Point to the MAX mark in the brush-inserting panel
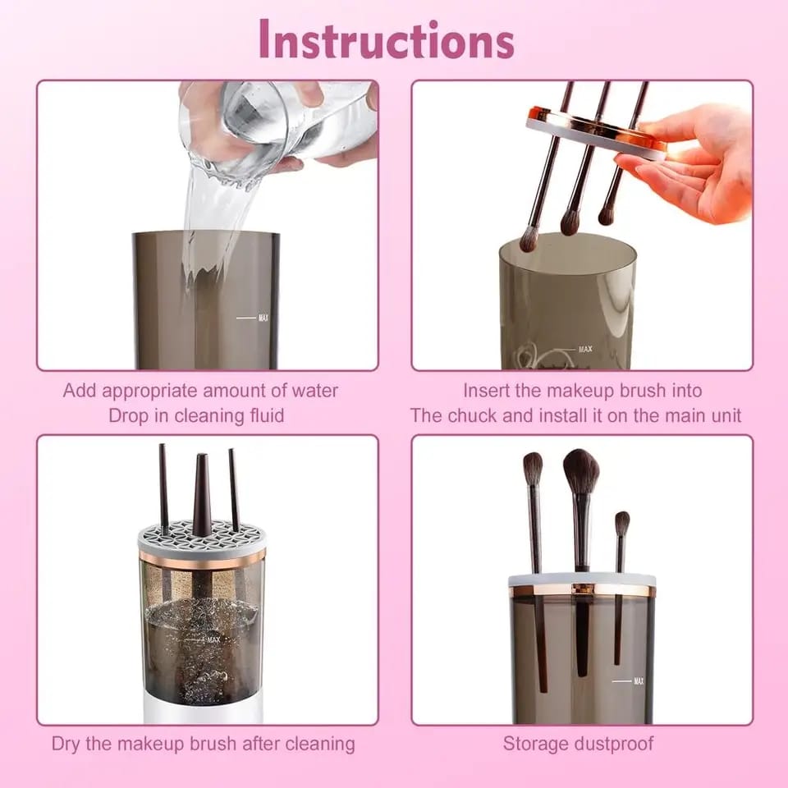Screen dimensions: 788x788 point(584,349)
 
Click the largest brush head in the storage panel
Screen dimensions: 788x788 point(581,471)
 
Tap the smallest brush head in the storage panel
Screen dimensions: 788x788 point(622,524)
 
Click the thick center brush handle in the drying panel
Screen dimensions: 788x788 point(201,492)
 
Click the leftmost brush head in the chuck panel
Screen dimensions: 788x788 point(529,239)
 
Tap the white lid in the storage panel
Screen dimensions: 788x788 point(581,580)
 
